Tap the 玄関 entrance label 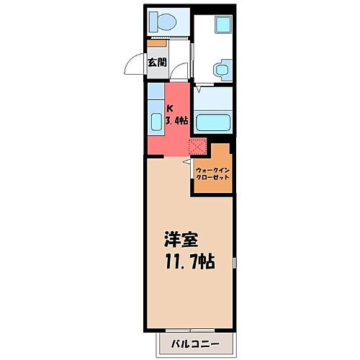coord(157,62)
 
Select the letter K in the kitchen coord(170,109)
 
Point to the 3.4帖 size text coord(176,121)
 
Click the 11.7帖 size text coord(192,259)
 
